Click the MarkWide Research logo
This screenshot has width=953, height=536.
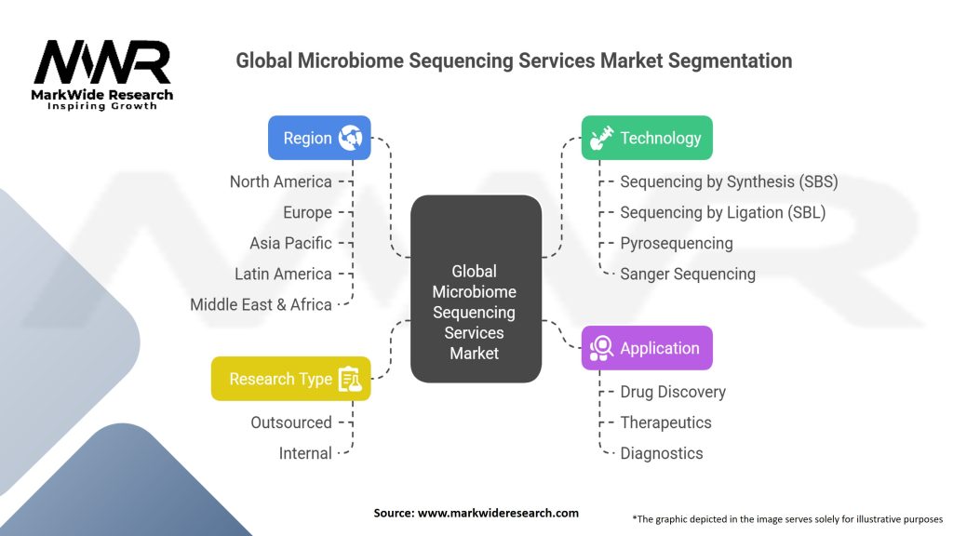point(102,74)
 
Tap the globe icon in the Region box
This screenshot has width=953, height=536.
point(351,138)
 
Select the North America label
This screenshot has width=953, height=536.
point(281,181)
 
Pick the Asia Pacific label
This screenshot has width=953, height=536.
point(290,243)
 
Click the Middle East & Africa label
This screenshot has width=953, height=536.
point(261,304)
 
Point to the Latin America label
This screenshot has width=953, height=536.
point(283,274)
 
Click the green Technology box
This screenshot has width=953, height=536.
point(647,138)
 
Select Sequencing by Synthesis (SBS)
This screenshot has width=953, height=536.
point(729,181)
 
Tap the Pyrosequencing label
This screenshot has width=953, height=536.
point(677,243)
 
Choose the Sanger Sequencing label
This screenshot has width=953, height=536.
point(688,274)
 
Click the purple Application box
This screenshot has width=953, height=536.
point(647,348)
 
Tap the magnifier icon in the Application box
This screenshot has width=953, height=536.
point(601,348)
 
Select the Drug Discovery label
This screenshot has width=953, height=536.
point(673,392)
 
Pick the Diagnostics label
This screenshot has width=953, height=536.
point(662,453)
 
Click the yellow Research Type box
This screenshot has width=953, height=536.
point(290,379)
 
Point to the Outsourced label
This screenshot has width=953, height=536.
point(291,422)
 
